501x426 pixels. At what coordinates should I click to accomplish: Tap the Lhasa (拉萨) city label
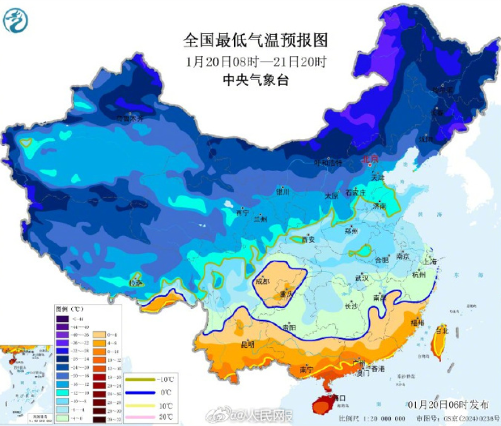click(135, 283)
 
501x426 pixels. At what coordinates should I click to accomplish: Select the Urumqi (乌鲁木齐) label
click(130, 118)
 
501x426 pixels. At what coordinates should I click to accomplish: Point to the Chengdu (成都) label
click(263, 281)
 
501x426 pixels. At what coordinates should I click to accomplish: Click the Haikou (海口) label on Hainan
click(338, 398)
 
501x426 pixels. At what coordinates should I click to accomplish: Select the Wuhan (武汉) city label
click(361, 278)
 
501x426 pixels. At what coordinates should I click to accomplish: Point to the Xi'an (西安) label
click(308, 240)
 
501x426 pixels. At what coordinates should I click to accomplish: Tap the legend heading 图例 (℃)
click(69, 309)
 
